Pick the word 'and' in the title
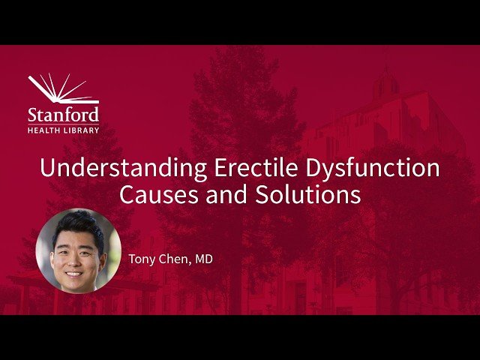pos(230,195)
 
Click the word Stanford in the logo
pos(63,115)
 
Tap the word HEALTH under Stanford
pos(43,130)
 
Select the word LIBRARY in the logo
pos(81,130)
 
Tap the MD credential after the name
pos(204,259)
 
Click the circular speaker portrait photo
pos(78,250)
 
